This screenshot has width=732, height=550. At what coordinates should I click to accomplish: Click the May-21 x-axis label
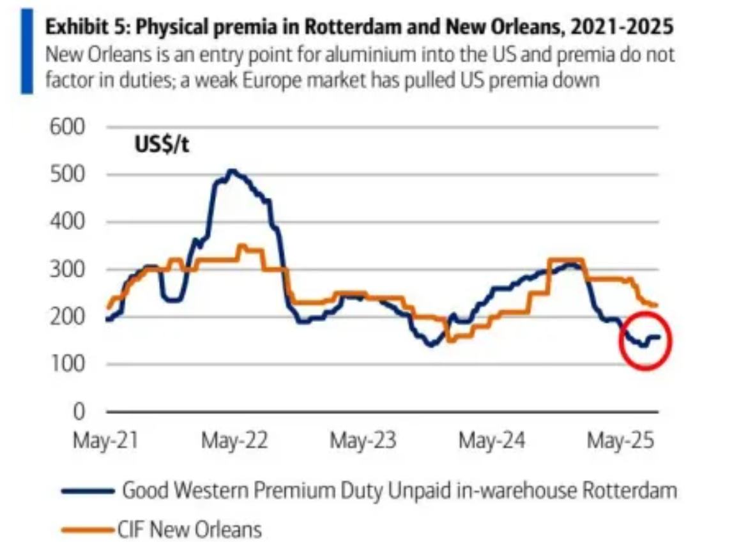[x=106, y=441]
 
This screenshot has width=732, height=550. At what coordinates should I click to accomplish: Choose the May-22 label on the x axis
[x=234, y=441]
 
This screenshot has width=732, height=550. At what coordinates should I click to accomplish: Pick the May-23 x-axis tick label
[x=363, y=441]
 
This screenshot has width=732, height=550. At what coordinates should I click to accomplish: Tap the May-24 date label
[x=492, y=441]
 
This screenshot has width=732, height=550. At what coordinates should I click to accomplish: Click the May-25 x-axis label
[x=621, y=441]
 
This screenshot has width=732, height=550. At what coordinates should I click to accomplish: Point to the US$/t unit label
[x=162, y=146]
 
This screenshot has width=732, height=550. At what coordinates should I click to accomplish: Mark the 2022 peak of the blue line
[x=231, y=171]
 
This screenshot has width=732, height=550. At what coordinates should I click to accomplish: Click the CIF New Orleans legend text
[x=190, y=530]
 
